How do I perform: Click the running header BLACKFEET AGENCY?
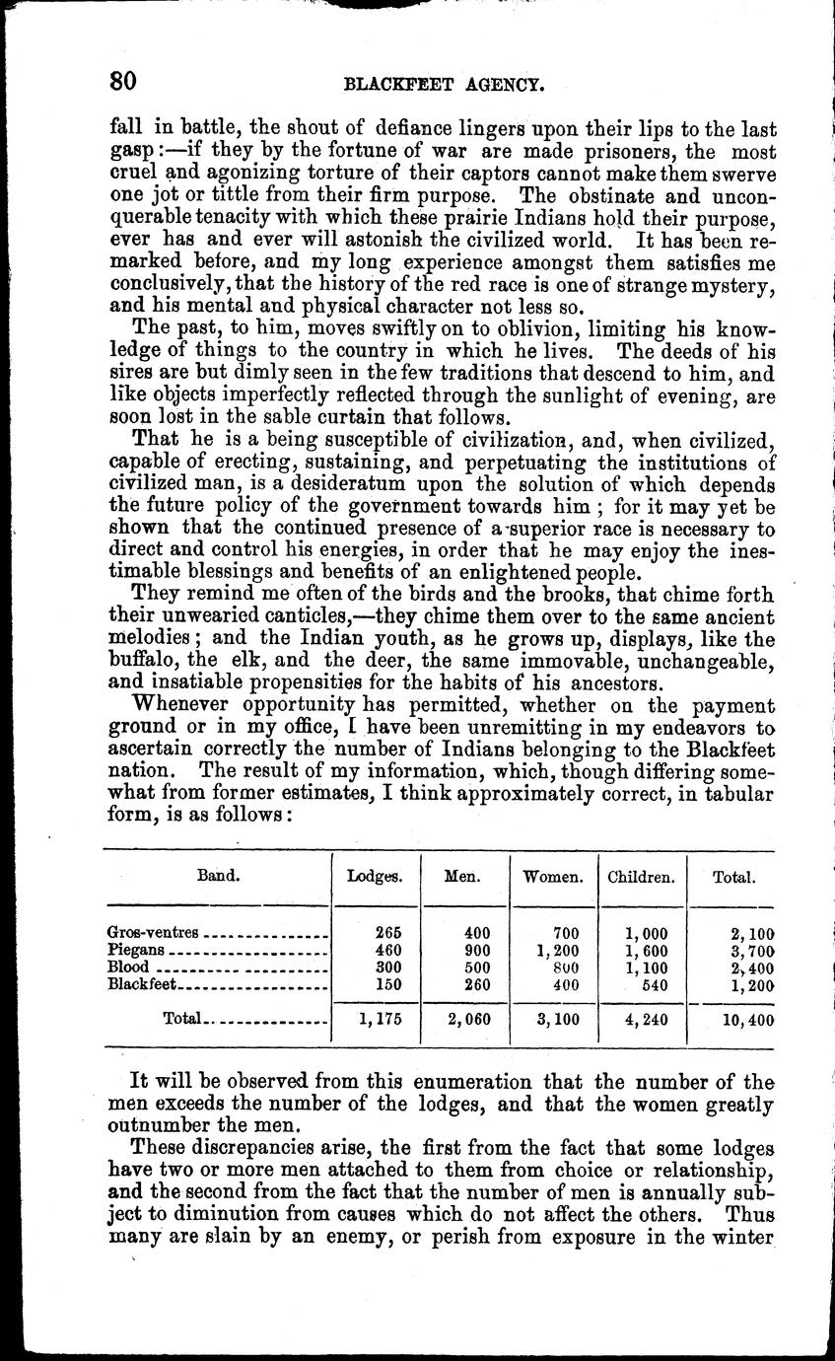click(444, 85)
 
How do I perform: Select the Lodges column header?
click(375, 876)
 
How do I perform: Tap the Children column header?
click(642, 876)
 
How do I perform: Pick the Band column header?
click(218, 875)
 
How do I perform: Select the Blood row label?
click(128, 967)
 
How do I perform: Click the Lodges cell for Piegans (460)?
click(388, 950)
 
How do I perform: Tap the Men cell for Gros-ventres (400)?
click(478, 932)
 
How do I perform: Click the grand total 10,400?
click(746, 1021)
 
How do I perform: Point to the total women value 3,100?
click(557, 1021)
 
